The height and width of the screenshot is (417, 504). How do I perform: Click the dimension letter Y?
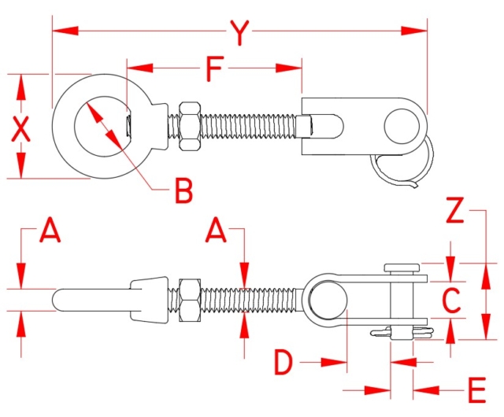tap(240, 32)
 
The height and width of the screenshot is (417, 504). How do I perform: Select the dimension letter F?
tap(213, 69)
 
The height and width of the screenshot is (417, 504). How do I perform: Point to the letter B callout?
tap(183, 190)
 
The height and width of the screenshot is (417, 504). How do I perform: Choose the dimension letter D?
tap(285, 363)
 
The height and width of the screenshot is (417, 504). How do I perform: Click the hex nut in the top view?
tap(190, 125)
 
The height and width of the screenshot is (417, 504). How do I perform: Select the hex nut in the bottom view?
tap(190, 301)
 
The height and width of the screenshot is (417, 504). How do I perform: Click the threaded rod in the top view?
tap(252, 125)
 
